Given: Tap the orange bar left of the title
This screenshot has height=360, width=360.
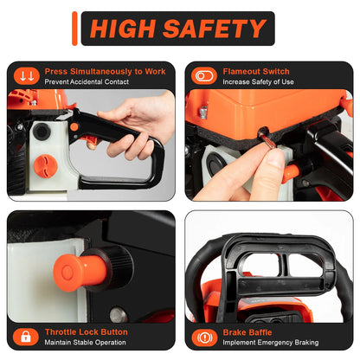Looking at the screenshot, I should click(76, 28).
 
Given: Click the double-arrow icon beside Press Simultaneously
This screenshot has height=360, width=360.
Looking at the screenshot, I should click(26, 76).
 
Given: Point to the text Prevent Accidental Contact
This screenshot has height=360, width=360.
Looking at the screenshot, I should click(86, 82).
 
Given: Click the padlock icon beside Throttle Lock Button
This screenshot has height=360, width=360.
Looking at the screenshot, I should click(26, 337).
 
